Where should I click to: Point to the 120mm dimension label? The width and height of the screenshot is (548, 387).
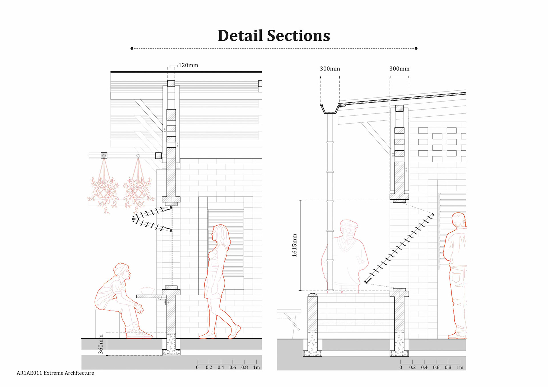click(x=188, y=65)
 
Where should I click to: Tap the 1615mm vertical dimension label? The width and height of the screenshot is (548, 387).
click(x=295, y=245)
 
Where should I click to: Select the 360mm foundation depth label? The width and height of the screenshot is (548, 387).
click(x=101, y=344)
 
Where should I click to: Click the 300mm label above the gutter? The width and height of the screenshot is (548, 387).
click(x=330, y=69)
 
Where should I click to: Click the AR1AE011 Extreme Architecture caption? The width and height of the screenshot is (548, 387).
click(x=55, y=373)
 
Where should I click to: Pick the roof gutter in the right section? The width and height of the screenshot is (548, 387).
click(x=329, y=109)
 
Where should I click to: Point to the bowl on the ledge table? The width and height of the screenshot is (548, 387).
click(x=147, y=290)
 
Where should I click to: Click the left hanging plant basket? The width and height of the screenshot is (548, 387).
click(x=104, y=191)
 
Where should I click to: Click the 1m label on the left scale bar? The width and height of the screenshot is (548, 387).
click(x=256, y=368)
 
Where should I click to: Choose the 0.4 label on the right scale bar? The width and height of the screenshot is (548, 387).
click(x=424, y=368)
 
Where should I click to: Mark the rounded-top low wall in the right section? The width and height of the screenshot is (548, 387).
click(x=313, y=312)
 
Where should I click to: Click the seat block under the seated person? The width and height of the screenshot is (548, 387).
click(x=107, y=324)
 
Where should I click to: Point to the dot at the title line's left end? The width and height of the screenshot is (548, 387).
click(x=132, y=48)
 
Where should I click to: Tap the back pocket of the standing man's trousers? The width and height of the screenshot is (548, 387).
click(x=456, y=277)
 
